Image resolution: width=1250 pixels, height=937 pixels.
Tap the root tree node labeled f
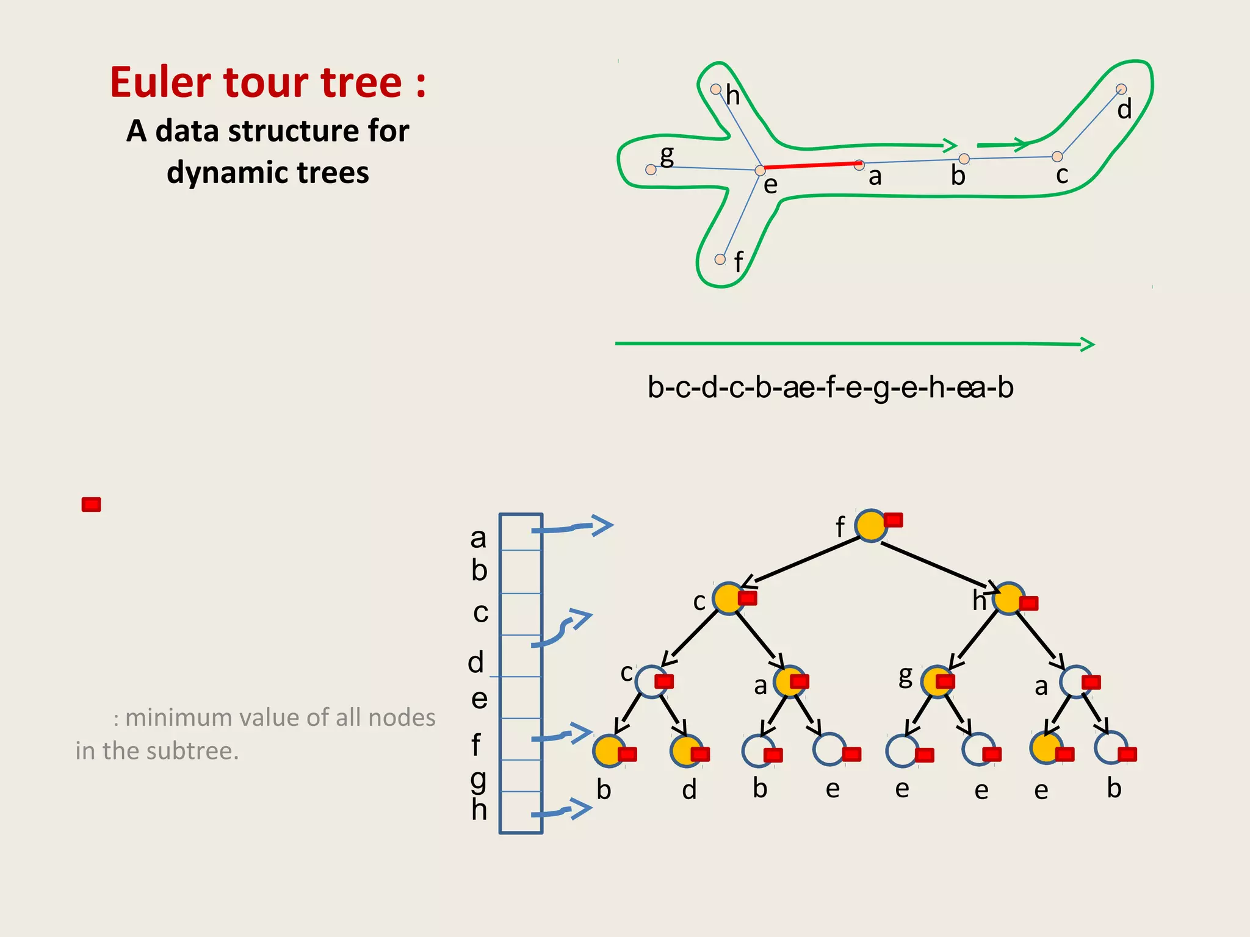pyautogui.click(x=870, y=525)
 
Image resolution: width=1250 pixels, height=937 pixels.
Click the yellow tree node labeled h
pyautogui.click(x=1008, y=598)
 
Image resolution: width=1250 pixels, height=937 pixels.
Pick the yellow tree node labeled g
pyautogui.click(x=936, y=681)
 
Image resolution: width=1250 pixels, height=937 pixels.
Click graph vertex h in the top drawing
pyautogui.click(x=716, y=90)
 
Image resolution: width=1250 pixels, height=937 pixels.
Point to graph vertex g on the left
pyautogui.click(x=651, y=170)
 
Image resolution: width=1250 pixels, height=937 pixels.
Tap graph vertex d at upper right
pyautogui.click(x=1121, y=89)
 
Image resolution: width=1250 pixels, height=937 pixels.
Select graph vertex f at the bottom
pyautogui.click(x=720, y=259)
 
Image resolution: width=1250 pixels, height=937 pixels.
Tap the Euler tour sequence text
pyautogui.click(x=830, y=388)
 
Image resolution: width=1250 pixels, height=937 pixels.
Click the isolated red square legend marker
pyautogui.click(x=92, y=504)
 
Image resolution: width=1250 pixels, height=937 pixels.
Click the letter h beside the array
pyautogui.click(x=479, y=810)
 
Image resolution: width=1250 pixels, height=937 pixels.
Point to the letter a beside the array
pyautogui.click(x=478, y=538)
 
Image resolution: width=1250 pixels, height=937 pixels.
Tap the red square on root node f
pyautogui.click(x=894, y=520)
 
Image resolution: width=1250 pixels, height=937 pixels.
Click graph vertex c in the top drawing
pyautogui.click(x=1057, y=157)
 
